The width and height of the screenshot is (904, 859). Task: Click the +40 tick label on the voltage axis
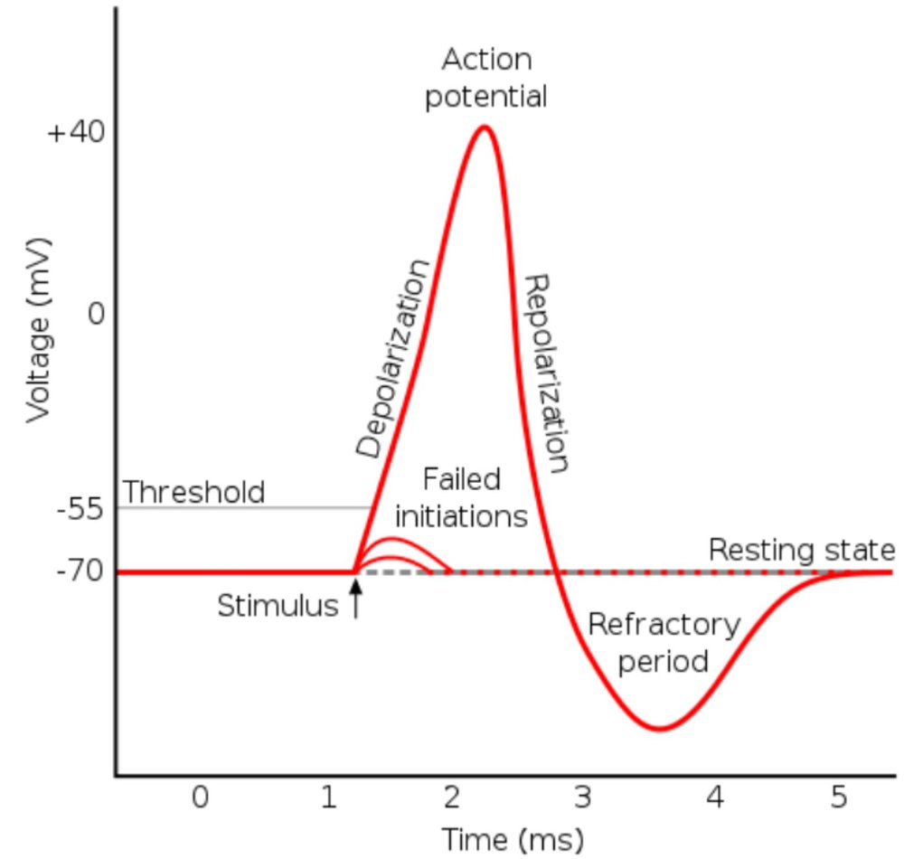(77, 132)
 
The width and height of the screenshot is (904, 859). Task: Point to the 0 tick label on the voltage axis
(96, 315)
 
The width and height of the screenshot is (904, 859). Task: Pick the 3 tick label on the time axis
(583, 798)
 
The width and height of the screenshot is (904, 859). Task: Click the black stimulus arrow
(355, 599)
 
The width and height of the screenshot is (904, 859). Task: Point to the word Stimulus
(278, 606)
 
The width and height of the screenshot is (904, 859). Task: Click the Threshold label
(193, 492)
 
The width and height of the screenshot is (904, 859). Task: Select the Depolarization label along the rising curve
(391, 359)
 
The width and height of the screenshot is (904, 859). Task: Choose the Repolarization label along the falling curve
(548, 373)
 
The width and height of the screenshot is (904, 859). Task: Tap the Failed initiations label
(461, 497)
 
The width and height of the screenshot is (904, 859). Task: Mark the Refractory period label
(663, 642)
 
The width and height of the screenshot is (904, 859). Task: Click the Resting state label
(801, 550)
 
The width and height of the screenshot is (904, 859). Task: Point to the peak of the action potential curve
(485, 126)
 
